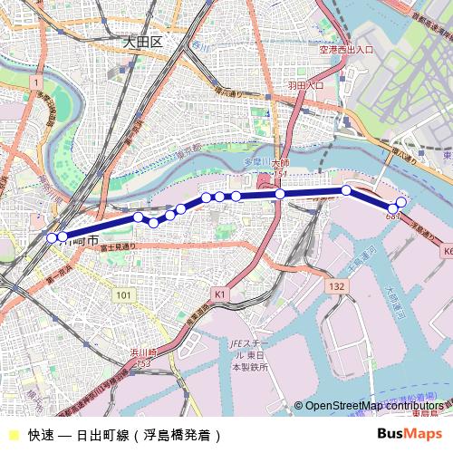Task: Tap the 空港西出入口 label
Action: (x=346, y=50)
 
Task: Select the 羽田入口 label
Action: (x=305, y=85)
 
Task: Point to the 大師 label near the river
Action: (x=280, y=164)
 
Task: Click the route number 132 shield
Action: (x=337, y=285)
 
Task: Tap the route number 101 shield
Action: (x=123, y=295)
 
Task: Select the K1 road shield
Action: (x=220, y=294)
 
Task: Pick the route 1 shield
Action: (x=35, y=82)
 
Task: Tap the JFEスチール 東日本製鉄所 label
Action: (x=247, y=355)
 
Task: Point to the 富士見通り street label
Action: (x=118, y=246)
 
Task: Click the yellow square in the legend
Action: (x=13, y=435)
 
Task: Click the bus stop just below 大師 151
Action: (x=280, y=194)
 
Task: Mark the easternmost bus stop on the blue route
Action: (x=402, y=201)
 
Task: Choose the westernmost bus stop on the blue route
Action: (x=52, y=237)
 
